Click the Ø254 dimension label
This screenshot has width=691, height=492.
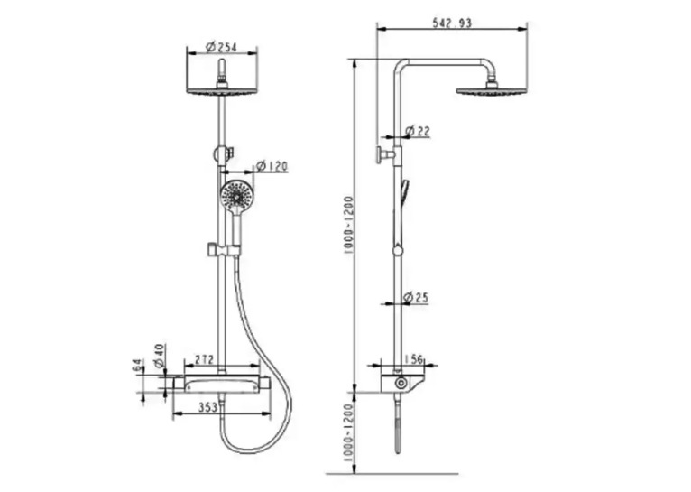(x=222, y=47)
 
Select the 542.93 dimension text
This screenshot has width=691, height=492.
(x=452, y=23)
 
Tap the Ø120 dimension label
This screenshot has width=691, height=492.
(x=272, y=166)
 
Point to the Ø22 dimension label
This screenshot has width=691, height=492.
(x=417, y=131)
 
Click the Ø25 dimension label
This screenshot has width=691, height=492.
(x=416, y=298)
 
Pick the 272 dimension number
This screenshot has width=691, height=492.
(x=205, y=359)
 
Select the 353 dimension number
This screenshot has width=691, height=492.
(x=207, y=407)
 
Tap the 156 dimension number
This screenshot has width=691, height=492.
(x=413, y=359)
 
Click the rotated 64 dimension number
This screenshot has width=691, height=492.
(x=137, y=366)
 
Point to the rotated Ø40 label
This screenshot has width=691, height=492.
(x=159, y=356)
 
